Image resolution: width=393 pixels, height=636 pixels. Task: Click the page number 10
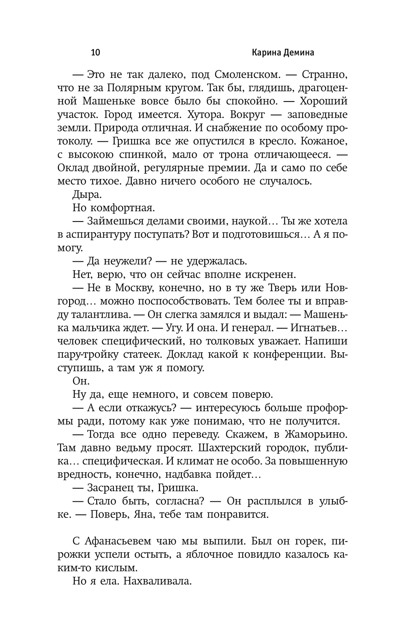(x=96, y=52)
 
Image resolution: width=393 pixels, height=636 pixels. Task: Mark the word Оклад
(x=74, y=168)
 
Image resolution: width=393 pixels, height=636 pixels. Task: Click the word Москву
(x=134, y=288)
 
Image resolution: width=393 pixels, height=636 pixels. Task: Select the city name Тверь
(x=287, y=288)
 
